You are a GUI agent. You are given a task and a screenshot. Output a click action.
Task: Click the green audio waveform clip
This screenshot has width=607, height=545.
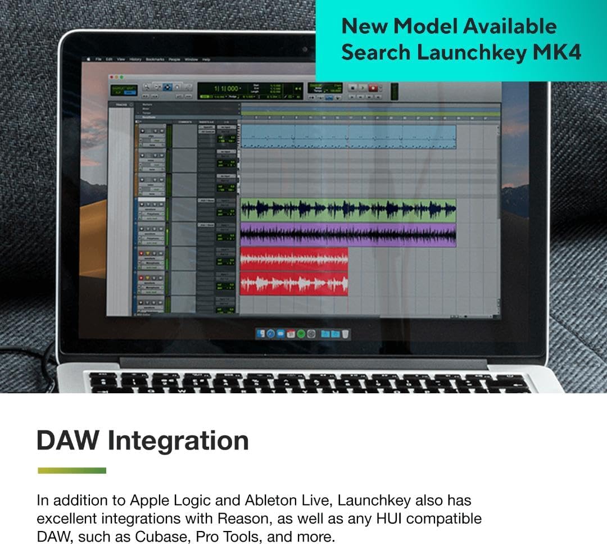[348, 209]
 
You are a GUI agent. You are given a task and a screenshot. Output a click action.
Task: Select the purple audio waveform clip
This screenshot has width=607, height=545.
[348, 234]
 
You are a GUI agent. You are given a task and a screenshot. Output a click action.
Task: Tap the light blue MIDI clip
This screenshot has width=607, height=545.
[348, 137]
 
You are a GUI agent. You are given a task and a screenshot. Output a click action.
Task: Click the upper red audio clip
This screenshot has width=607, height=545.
[294, 259]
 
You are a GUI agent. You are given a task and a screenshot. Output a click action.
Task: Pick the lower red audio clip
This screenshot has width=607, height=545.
[294, 283]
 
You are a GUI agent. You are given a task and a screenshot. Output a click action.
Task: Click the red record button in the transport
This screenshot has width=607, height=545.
[373, 88]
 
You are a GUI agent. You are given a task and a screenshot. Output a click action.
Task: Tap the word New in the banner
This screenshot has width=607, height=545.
[366, 26]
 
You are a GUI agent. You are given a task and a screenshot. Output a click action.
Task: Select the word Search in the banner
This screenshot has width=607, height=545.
[376, 52]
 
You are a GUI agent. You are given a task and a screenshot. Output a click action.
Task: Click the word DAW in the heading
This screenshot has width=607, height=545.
[67, 440]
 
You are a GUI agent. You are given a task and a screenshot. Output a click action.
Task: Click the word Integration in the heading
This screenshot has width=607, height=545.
[179, 440]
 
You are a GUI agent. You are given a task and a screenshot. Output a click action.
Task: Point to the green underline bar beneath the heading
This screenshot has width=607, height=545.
[71, 470]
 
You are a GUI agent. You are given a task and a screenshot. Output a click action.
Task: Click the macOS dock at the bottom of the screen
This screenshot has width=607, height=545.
[303, 334]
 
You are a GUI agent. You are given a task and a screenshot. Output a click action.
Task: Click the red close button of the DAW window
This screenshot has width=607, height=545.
[111, 76]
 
